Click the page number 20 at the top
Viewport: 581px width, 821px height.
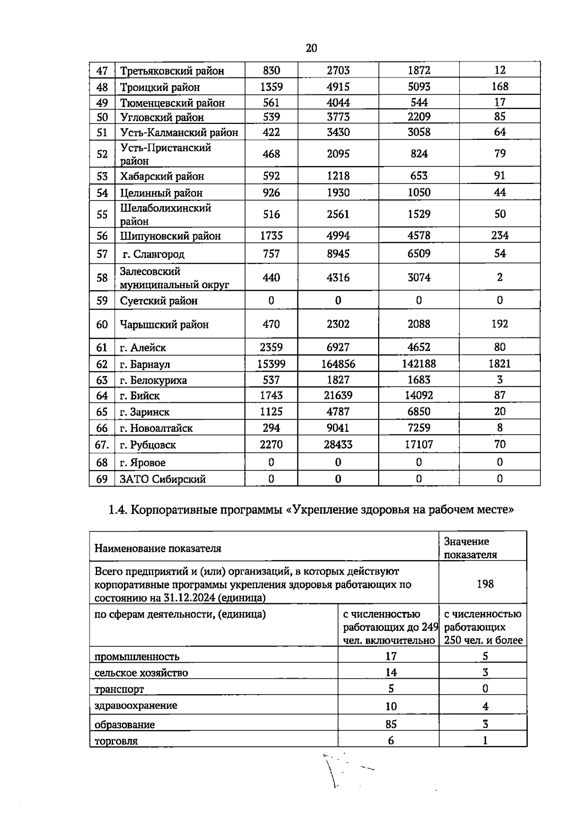coord(311,48)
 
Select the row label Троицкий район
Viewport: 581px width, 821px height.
coord(160,87)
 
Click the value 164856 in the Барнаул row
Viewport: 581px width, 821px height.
coord(338,364)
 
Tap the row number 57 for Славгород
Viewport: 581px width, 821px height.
coord(102,254)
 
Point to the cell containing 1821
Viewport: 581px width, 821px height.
coord(500,364)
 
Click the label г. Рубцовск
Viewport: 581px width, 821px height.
coord(148,444)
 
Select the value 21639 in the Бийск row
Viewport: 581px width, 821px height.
coord(338,395)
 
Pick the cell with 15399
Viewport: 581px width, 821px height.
coord(271,364)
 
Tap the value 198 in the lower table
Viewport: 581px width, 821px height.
coord(485,584)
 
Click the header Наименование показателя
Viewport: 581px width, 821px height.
coord(158,548)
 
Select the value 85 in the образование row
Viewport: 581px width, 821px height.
coord(391,724)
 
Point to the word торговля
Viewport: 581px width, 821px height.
coord(116,741)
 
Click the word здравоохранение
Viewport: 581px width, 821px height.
coord(136,705)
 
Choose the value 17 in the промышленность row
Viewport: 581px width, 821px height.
coord(391,656)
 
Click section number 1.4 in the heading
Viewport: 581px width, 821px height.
coord(117,510)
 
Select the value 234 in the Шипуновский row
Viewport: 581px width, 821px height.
coord(500,236)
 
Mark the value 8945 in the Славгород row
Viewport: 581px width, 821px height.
coord(338,254)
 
